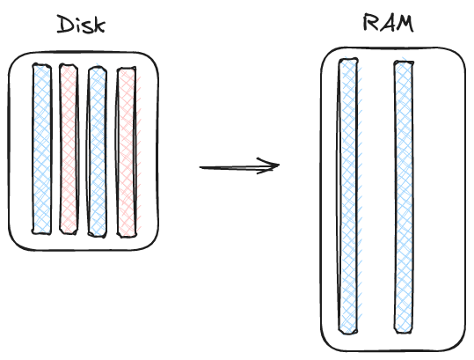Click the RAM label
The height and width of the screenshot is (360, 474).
pos(388,24)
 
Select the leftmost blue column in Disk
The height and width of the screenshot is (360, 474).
pos(41,149)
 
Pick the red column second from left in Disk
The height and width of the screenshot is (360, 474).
pos(69,149)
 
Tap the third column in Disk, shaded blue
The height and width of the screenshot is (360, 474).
pos(97,151)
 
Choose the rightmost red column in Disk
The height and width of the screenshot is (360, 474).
pos(127,151)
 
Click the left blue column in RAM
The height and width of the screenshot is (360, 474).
pos(349,197)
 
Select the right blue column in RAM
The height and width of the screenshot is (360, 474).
pos(404,197)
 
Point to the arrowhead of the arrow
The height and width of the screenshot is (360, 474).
pos(274,165)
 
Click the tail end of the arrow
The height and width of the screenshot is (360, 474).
pos(201,167)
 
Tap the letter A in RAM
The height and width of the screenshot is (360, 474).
pos(387,24)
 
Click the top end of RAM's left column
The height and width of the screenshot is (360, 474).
pos(349,62)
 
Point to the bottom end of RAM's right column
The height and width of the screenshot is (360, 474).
pos(404,333)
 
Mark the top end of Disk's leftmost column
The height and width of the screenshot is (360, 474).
pos(41,67)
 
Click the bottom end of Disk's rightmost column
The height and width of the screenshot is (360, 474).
pos(127,234)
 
